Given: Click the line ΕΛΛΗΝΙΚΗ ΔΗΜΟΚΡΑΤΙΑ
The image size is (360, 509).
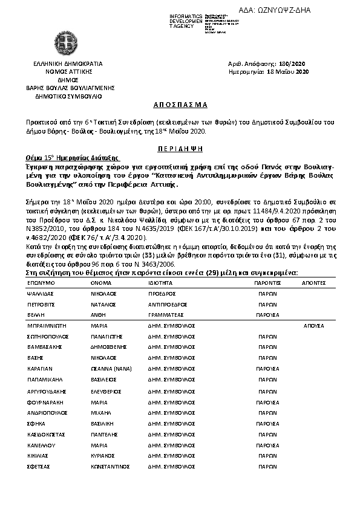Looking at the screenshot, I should coord(68,63).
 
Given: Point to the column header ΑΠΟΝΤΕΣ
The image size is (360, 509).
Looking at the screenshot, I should coord(314,282).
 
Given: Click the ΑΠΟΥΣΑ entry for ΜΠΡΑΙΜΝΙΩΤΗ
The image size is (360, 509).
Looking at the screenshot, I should coord(314,326).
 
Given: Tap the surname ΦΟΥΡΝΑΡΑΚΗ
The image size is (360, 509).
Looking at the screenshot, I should coord(45,402).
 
